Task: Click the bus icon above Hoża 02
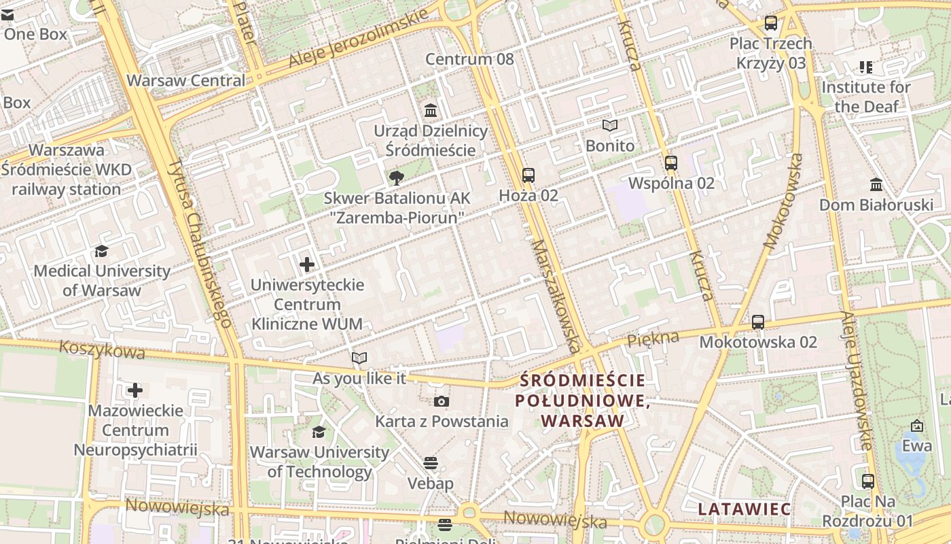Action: (x=528, y=175)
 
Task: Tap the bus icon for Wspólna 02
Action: (x=671, y=163)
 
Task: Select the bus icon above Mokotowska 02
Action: (x=758, y=322)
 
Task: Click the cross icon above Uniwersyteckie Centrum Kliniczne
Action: (x=307, y=264)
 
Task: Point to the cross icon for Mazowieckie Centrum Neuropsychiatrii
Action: (x=135, y=390)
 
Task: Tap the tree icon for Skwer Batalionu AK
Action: (x=396, y=178)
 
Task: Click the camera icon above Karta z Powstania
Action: (x=442, y=401)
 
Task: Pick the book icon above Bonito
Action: (x=610, y=126)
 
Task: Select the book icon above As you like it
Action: (x=359, y=358)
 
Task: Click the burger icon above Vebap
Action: (x=431, y=463)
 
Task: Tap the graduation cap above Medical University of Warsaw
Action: (x=102, y=251)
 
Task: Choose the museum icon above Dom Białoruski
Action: (x=876, y=184)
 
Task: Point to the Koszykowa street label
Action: (x=102, y=350)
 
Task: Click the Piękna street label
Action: (x=653, y=338)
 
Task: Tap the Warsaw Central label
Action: (x=186, y=80)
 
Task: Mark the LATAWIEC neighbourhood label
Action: (x=744, y=509)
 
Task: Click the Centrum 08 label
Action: (x=470, y=59)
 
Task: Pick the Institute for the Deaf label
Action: (x=866, y=97)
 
